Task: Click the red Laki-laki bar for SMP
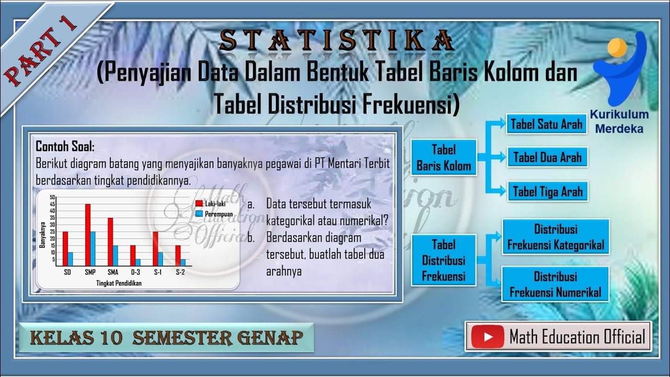pos(88,235)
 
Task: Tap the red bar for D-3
pos(133,256)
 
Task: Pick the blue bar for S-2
pos(183,262)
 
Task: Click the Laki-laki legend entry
pos(210,204)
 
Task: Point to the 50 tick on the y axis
pos(52,197)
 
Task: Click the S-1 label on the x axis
pos(158,272)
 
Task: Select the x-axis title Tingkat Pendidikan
pos(119,283)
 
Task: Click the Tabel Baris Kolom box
pos(443,158)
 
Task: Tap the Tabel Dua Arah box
pos(547,157)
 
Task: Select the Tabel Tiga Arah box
pos(547,191)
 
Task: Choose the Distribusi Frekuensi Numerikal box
pos(555,284)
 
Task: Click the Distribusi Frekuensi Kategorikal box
pos(555,237)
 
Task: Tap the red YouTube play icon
pos(487,337)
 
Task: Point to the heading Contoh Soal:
pos(65,146)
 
